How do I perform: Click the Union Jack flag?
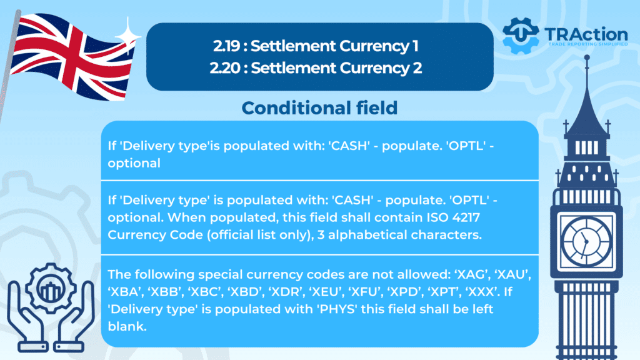pyautogui.click(x=71, y=56)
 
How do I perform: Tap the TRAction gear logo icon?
pyautogui.click(x=521, y=36)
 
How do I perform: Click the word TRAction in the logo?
pyautogui.click(x=586, y=34)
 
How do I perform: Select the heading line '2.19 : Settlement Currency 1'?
pyautogui.click(x=316, y=46)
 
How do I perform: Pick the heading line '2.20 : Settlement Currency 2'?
pyautogui.click(x=316, y=67)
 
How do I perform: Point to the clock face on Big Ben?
pyautogui.click(x=586, y=241)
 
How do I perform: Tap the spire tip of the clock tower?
pyautogui.click(x=587, y=56)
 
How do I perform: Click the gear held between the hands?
pyautogui.click(x=51, y=288)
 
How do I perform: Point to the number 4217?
pyautogui.click(x=466, y=217)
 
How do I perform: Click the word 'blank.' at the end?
pyautogui.click(x=127, y=326)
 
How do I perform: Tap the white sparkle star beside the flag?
pyautogui.click(x=127, y=36)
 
